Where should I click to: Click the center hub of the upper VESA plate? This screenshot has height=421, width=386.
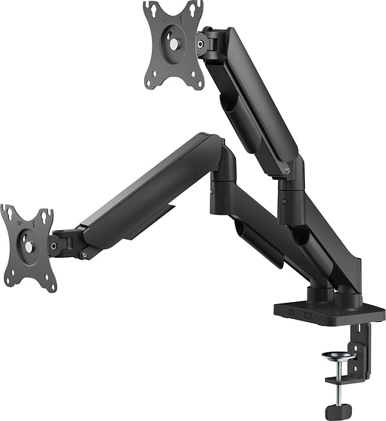pyautogui.click(x=173, y=44)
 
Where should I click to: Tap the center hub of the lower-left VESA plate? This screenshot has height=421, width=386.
pyautogui.click(x=28, y=246)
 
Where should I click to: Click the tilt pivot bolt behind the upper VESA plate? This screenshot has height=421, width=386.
pyautogui.click(x=200, y=44)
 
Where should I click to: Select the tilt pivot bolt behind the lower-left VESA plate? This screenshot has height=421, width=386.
pyautogui.click(x=54, y=244)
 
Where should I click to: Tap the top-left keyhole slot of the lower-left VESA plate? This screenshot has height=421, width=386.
pyautogui.click(x=8, y=213)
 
